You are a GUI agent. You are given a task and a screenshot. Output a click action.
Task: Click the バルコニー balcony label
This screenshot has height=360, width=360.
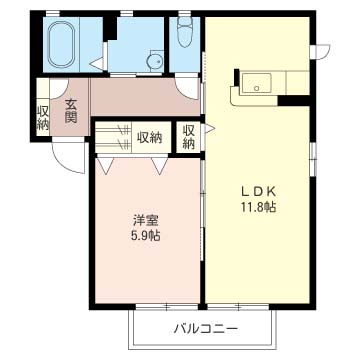point(204,328)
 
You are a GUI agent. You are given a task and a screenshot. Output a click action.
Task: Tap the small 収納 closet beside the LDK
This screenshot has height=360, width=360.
point(189,136)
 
